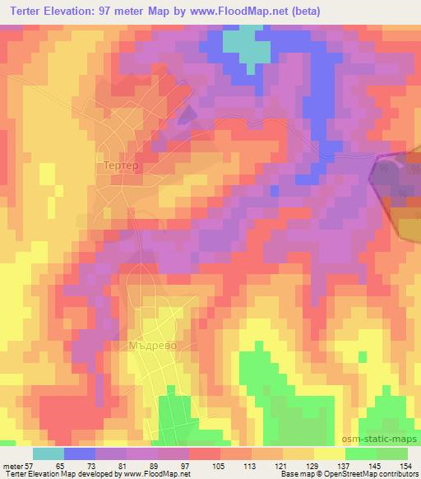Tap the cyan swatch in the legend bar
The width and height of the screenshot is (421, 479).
[49, 453]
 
